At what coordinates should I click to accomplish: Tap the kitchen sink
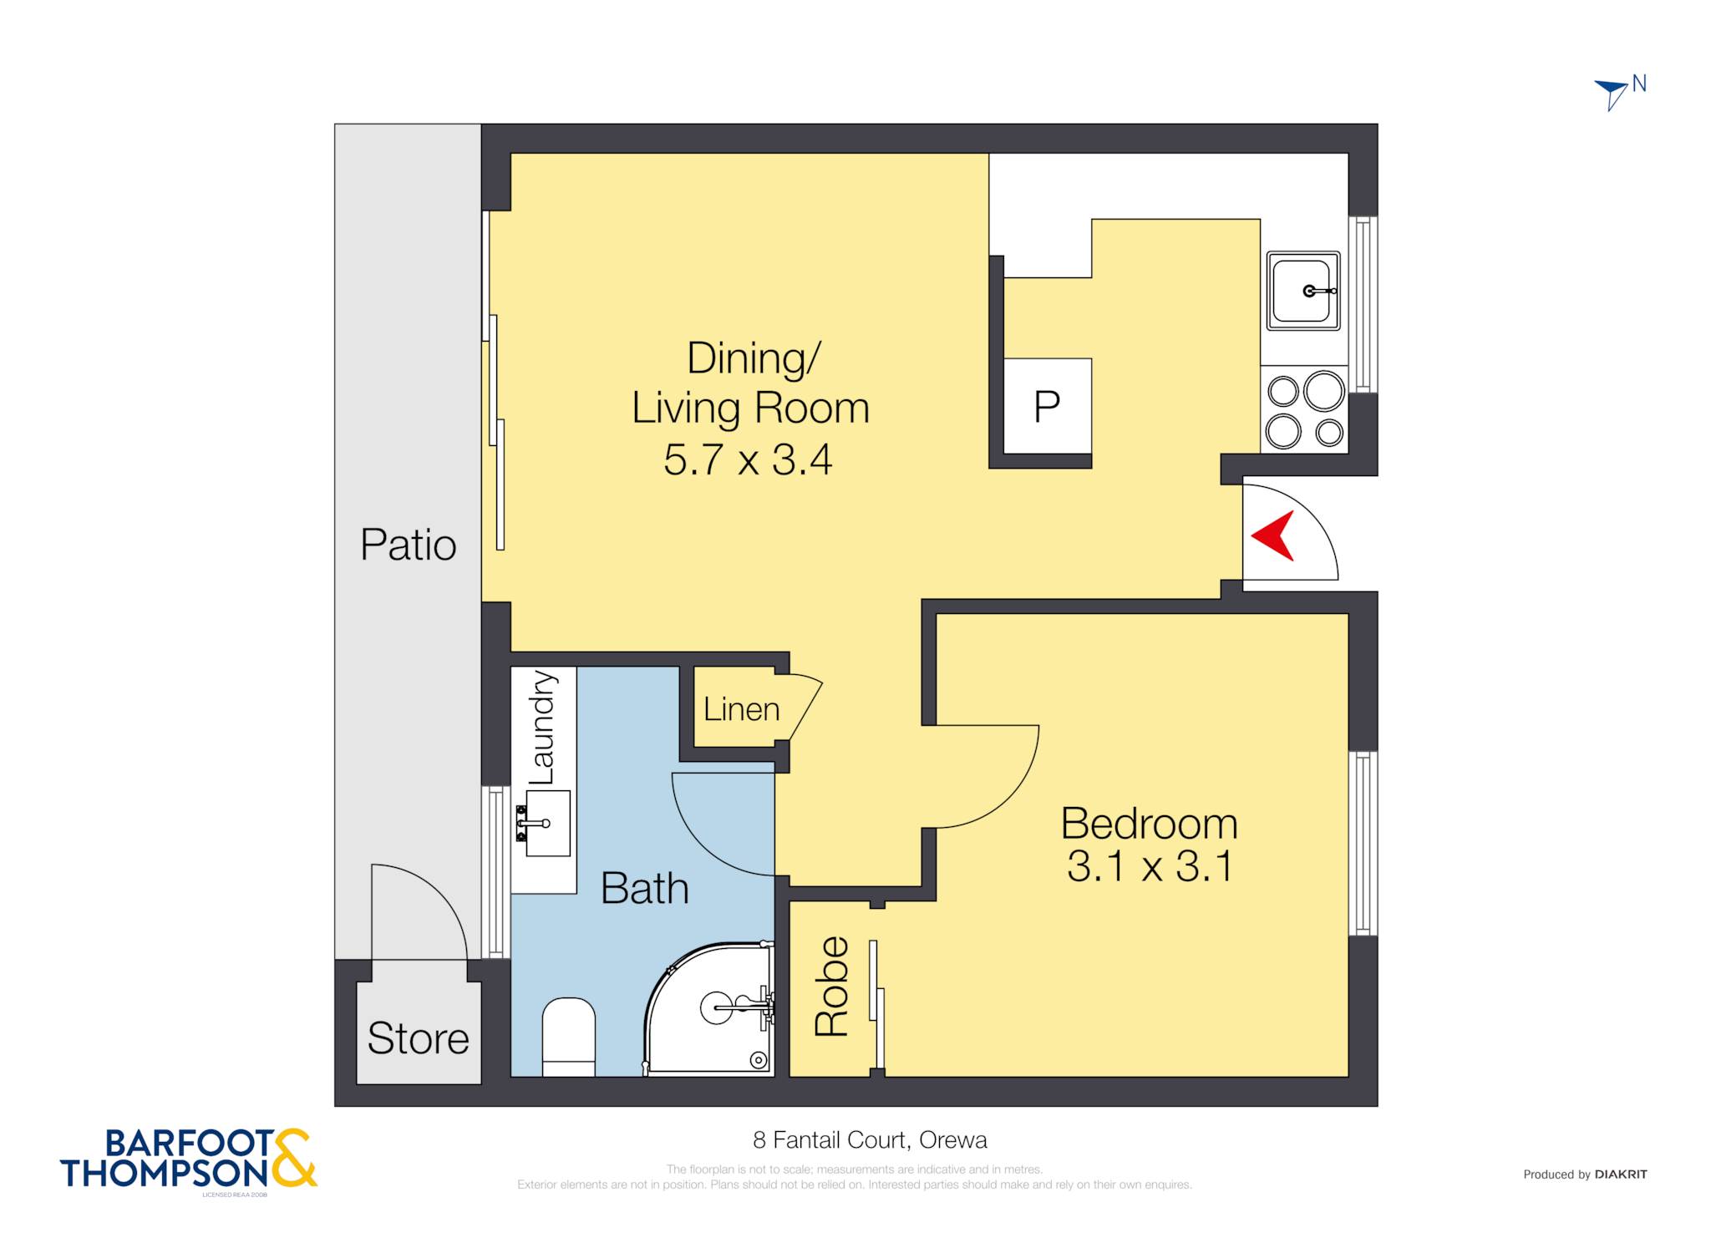click(x=1303, y=291)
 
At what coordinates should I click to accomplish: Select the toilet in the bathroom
click(x=568, y=1037)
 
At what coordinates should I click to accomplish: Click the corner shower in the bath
click(x=710, y=1008)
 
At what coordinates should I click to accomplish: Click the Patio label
click(x=408, y=545)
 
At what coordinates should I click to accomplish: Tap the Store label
click(x=418, y=1038)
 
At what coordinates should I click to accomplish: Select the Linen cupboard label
click(x=741, y=709)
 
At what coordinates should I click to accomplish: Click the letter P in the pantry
click(x=1047, y=407)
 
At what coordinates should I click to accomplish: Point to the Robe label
click(x=832, y=987)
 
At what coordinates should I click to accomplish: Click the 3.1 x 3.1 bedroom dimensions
click(x=1149, y=866)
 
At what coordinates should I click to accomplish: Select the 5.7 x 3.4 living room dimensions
click(x=748, y=459)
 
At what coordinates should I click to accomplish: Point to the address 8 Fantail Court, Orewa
click(x=870, y=1140)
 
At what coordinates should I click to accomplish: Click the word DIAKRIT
click(x=1621, y=1174)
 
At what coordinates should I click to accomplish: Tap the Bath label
click(x=644, y=888)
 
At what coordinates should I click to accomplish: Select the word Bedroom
click(x=1149, y=824)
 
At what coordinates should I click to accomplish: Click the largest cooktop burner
click(x=1324, y=390)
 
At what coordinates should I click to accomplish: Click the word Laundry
click(x=541, y=728)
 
